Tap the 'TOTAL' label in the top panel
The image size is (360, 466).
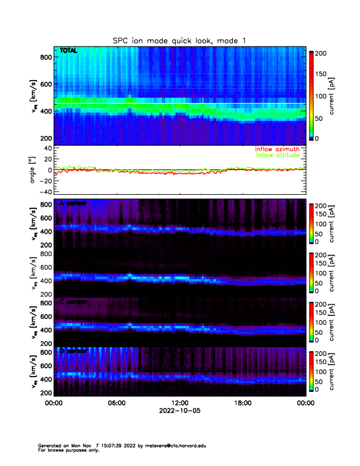[69, 52]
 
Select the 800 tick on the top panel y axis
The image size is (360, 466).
[45, 57]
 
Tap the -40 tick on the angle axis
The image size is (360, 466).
[44, 192]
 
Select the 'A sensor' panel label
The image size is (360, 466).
[73, 203]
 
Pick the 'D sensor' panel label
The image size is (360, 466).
[73, 351]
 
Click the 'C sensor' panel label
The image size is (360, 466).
[73, 302]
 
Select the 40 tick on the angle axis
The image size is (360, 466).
[46, 148]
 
